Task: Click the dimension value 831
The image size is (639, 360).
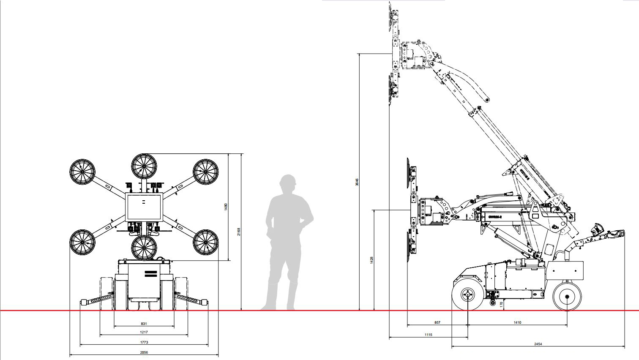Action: coord(144,324)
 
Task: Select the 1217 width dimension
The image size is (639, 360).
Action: coord(144,332)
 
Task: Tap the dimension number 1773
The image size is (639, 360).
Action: coord(144,342)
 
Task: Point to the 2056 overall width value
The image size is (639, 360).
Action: coord(144,352)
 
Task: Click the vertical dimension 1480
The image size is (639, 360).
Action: coord(226,207)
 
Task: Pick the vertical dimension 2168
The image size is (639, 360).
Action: coord(239,232)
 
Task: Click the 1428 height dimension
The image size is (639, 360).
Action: coord(371,260)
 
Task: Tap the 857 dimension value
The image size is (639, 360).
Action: coord(437,322)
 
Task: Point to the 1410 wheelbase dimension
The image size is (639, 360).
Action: coord(517,322)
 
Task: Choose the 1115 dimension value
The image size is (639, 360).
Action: coord(428,335)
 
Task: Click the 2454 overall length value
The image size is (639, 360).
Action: coord(538,344)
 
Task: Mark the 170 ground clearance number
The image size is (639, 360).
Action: coord(501,304)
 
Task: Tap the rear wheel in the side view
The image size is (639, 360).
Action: coord(567,296)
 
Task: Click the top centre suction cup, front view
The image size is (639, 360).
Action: coord(144,166)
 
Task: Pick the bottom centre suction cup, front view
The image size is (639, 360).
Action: coord(144,248)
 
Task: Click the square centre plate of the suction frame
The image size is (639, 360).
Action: coord(144,207)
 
